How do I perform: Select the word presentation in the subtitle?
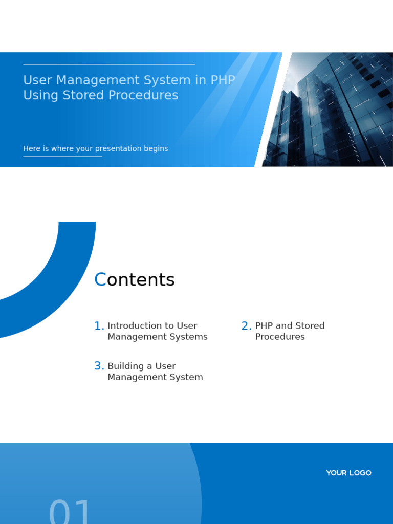[120, 149]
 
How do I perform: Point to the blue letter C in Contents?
[100, 280]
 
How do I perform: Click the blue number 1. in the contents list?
[99, 326]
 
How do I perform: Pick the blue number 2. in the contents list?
[247, 326]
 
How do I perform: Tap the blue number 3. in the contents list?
[99, 366]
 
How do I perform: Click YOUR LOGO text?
[348, 473]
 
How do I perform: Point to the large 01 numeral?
[70, 512]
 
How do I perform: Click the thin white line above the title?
[109, 64]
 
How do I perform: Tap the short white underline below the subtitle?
[62, 157]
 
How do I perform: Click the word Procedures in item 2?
[280, 337]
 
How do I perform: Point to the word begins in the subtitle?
[156, 149]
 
